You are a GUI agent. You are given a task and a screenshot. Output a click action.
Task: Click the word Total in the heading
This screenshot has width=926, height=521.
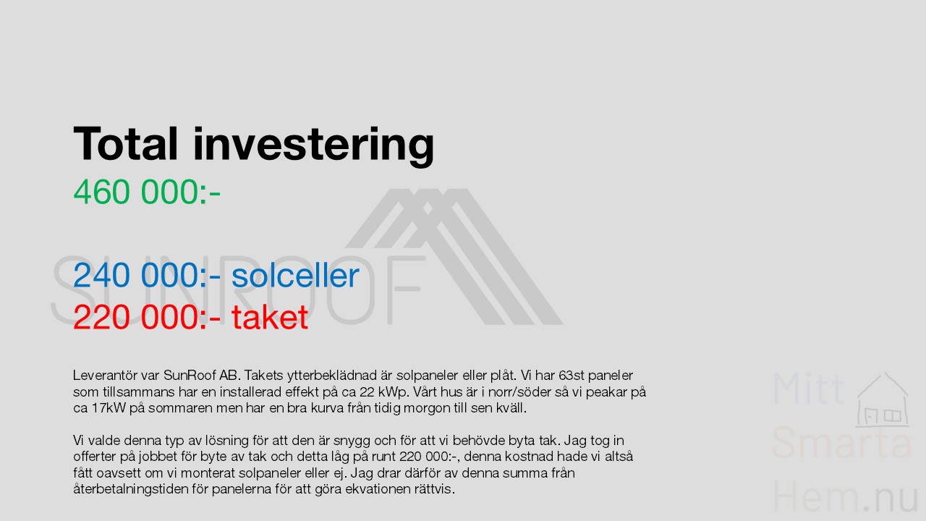(126, 143)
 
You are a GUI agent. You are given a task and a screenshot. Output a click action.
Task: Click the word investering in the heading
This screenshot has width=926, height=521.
(314, 146)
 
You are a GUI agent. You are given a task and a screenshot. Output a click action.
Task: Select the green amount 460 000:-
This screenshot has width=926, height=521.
(147, 192)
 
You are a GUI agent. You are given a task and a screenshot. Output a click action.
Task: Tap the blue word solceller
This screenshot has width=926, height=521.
(295, 275)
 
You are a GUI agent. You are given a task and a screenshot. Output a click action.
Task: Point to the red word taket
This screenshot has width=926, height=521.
(270, 317)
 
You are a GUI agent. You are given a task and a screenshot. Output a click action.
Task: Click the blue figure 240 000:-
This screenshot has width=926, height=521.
(147, 275)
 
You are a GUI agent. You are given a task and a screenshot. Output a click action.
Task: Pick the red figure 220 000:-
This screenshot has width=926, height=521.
(147, 317)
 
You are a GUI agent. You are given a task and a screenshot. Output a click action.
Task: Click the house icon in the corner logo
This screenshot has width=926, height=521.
(882, 399)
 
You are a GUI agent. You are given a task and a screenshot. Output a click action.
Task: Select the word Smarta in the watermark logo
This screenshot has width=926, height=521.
(841, 443)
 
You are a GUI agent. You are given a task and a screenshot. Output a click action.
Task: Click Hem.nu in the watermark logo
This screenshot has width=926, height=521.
(845, 496)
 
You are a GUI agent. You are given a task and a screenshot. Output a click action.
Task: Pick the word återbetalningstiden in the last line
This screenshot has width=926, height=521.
(131, 490)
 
